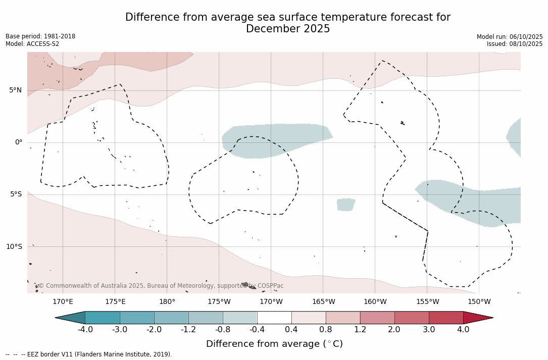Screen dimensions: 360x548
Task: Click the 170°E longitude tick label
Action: [x=63, y=302]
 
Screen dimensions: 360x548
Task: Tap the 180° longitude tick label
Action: [x=167, y=302]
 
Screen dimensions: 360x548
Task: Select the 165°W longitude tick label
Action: [x=323, y=302]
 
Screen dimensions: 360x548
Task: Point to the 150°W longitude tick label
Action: [x=479, y=302]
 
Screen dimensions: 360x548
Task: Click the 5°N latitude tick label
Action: [x=15, y=90]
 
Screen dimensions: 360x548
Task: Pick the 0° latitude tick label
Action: [x=19, y=142]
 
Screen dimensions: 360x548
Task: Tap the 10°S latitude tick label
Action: [x=14, y=246]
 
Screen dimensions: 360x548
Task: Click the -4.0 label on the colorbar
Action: [x=85, y=330]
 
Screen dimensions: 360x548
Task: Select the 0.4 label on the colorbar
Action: [x=291, y=330]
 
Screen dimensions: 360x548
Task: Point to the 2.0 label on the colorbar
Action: [x=394, y=330]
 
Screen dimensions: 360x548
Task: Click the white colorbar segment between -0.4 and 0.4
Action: [x=274, y=318]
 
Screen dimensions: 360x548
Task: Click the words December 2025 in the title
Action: [x=288, y=29]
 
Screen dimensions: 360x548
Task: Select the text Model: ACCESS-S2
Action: [x=32, y=44]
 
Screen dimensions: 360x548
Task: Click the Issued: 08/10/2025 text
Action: [x=515, y=44]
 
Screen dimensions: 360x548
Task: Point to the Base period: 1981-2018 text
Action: [x=40, y=36]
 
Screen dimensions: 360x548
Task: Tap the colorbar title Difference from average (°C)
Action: [x=274, y=344]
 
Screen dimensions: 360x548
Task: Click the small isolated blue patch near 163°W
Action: [x=346, y=204]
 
